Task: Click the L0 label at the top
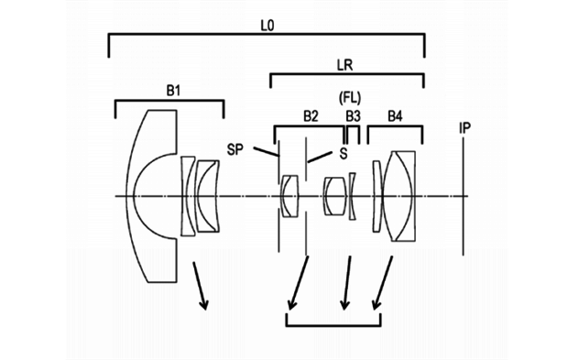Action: (268, 26)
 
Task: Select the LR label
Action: (344, 65)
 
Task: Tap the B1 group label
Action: (173, 91)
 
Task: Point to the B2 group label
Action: (311, 116)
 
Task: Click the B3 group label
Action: (353, 116)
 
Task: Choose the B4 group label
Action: (395, 116)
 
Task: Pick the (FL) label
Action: (350, 98)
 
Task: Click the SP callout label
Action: (235, 149)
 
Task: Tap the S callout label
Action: (343, 154)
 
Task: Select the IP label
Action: (464, 128)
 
